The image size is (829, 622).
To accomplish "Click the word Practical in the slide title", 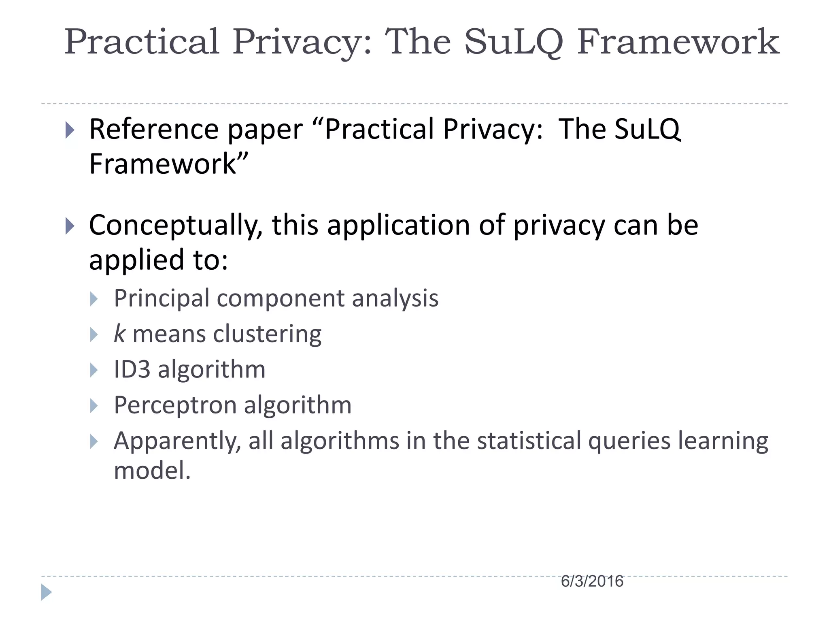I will click(142, 42).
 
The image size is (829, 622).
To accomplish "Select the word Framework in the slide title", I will click(678, 42).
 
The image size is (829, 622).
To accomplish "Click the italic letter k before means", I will click(119, 334).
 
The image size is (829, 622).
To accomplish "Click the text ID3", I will click(132, 369).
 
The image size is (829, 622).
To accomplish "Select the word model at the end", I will click(152, 471).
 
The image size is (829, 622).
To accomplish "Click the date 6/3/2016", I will click(592, 582).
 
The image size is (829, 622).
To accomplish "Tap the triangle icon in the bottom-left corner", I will click(46, 592).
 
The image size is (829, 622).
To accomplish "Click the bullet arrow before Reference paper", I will click(70, 130).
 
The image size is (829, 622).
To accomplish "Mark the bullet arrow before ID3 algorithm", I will click(94, 370).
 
